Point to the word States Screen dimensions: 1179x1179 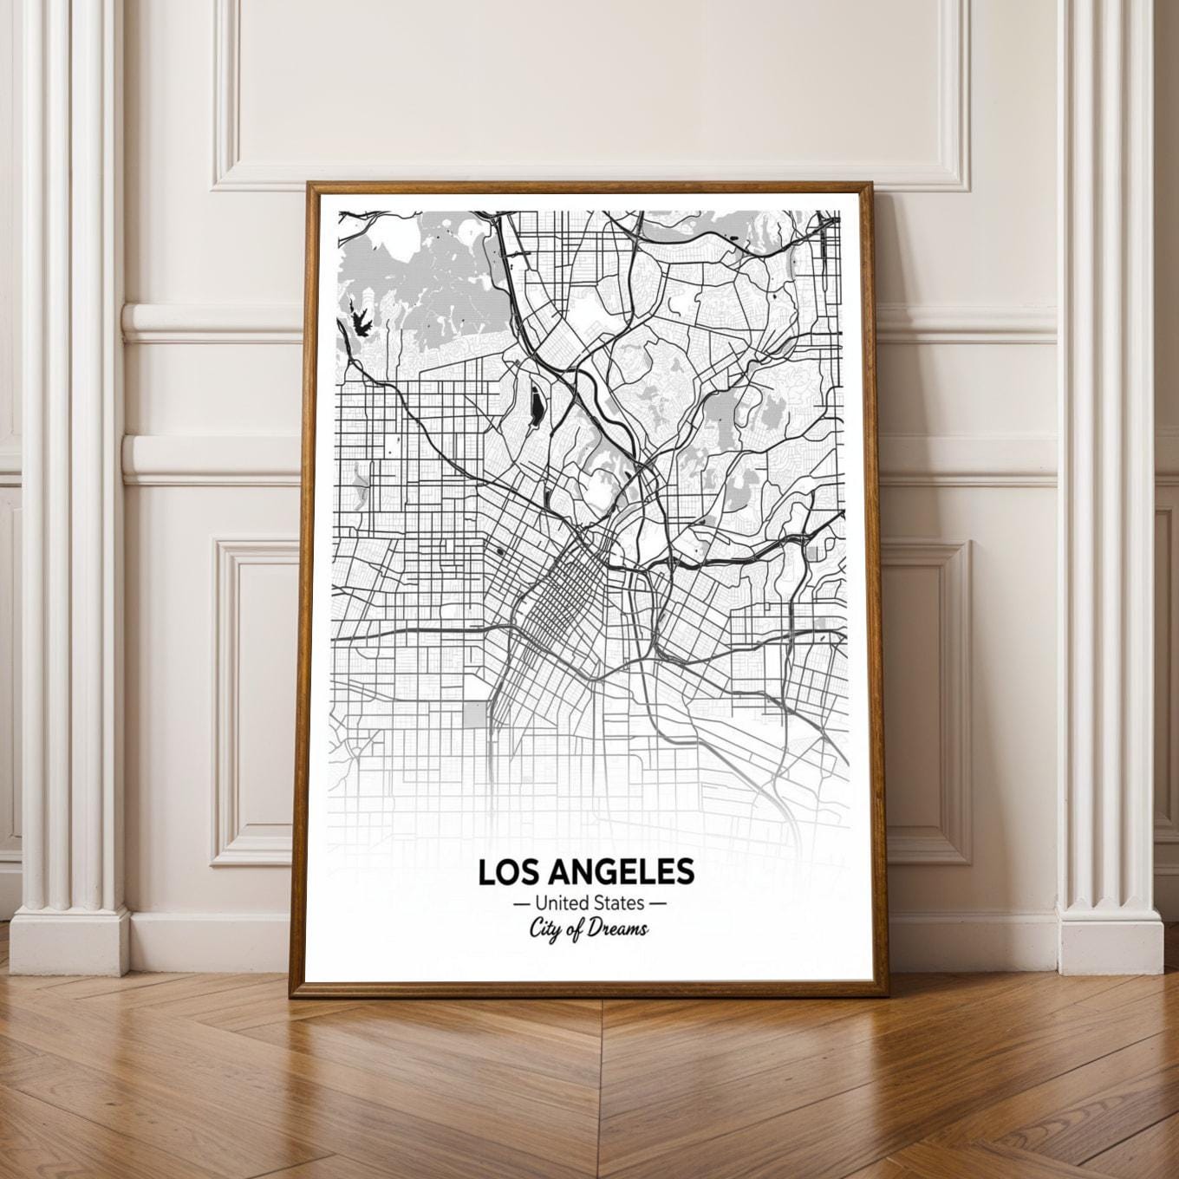click(x=616, y=903)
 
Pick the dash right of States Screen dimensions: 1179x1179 click(x=658, y=904)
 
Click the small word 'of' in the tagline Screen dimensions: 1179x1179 click(x=577, y=930)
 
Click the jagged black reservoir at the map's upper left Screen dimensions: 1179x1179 click(x=361, y=319)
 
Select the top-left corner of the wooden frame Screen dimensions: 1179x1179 click(x=308, y=184)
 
